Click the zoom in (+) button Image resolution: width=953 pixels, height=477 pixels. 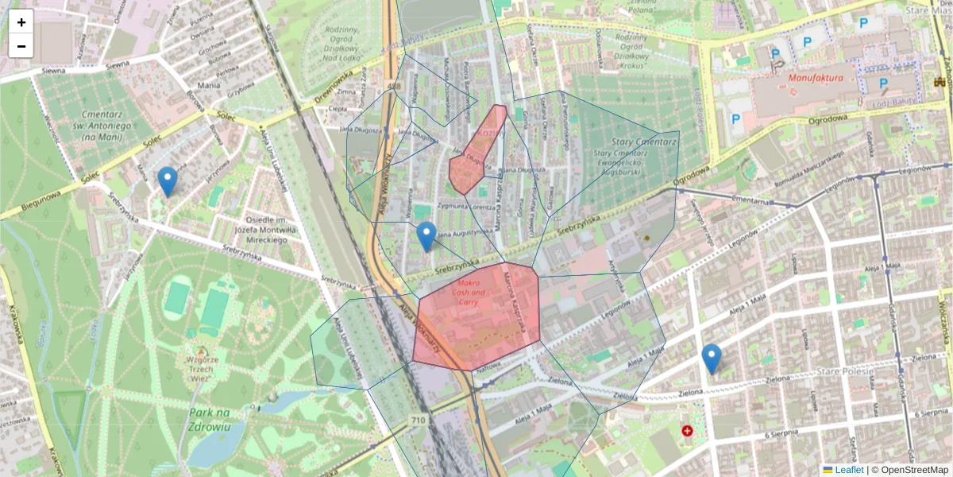click(x=21, y=22)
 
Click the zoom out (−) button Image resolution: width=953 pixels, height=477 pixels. click(x=21, y=46)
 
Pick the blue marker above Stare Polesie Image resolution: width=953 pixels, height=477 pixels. click(x=712, y=359)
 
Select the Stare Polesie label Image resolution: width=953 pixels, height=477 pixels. click(x=845, y=370)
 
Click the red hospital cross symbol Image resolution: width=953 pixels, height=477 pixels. click(x=687, y=430)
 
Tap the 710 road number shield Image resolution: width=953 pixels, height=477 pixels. click(x=419, y=419)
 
